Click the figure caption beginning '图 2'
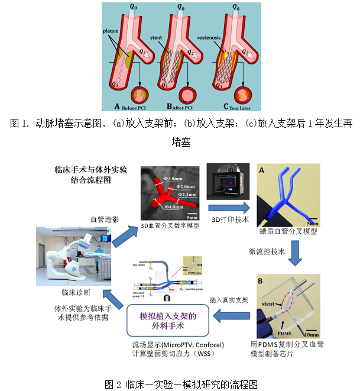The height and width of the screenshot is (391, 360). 180,384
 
